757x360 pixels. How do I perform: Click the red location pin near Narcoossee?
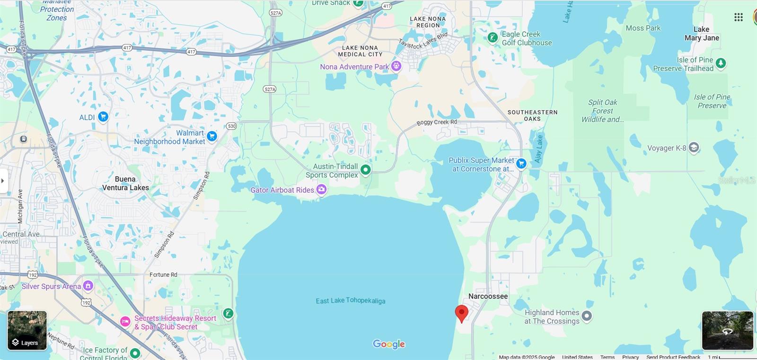click(461, 313)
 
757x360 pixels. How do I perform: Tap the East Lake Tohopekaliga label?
click(350, 301)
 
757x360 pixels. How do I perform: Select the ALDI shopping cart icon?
click(103, 117)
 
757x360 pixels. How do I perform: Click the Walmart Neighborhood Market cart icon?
click(212, 137)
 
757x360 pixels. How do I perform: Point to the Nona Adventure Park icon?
click(396, 66)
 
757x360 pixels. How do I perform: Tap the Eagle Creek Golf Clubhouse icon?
click(493, 37)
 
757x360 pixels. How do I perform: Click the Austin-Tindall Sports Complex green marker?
click(365, 169)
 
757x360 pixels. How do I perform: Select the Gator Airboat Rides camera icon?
click(322, 190)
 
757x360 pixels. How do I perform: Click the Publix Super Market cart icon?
click(521, 164)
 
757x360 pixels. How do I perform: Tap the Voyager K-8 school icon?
click(694, 148)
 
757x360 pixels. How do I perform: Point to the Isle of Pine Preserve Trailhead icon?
click(721, 63)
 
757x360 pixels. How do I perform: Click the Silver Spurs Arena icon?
click(88, 286)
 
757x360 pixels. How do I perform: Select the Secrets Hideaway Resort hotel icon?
click(125, 322)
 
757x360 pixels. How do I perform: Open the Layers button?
click(27, 331)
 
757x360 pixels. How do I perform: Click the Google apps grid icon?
click(738, 18)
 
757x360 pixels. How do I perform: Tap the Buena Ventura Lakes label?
click(125, 184)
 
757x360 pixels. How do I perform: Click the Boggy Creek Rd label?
click(437, 123)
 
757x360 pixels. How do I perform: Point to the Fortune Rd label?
click(163, 275)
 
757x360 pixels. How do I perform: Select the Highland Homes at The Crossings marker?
click(587, 316)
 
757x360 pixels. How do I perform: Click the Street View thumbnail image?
click(727, 330)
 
